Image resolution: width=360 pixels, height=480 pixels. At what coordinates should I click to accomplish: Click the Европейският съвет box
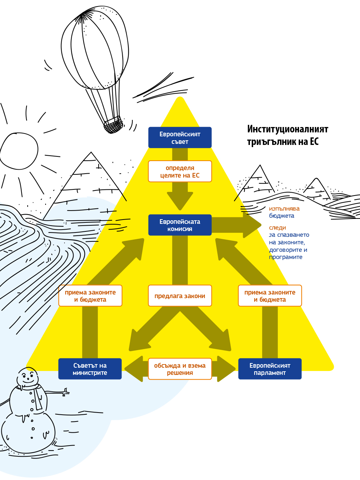180,137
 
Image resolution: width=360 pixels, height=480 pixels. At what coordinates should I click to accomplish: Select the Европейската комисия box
180,225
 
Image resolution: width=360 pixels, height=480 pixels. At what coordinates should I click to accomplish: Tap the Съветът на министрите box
90,369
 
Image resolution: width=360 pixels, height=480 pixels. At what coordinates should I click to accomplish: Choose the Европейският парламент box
270,369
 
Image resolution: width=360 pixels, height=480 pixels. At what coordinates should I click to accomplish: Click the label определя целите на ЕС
180,171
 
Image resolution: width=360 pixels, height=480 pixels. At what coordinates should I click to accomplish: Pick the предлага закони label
180,296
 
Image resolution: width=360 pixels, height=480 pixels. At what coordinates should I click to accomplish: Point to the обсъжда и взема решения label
180,369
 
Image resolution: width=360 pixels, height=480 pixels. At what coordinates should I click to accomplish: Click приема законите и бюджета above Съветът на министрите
90,296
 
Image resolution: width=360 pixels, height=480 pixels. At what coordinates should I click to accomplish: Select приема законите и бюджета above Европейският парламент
270,296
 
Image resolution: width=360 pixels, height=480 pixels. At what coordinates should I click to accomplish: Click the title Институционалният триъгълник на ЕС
287,135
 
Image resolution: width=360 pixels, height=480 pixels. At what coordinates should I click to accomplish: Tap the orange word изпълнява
284,208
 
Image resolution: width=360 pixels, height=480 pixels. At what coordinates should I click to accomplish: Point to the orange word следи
277,227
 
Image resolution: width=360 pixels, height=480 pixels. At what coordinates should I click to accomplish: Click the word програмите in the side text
285,257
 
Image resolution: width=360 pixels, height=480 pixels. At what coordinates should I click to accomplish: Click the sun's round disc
19,151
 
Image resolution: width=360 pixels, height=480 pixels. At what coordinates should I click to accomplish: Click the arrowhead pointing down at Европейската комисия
180,201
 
